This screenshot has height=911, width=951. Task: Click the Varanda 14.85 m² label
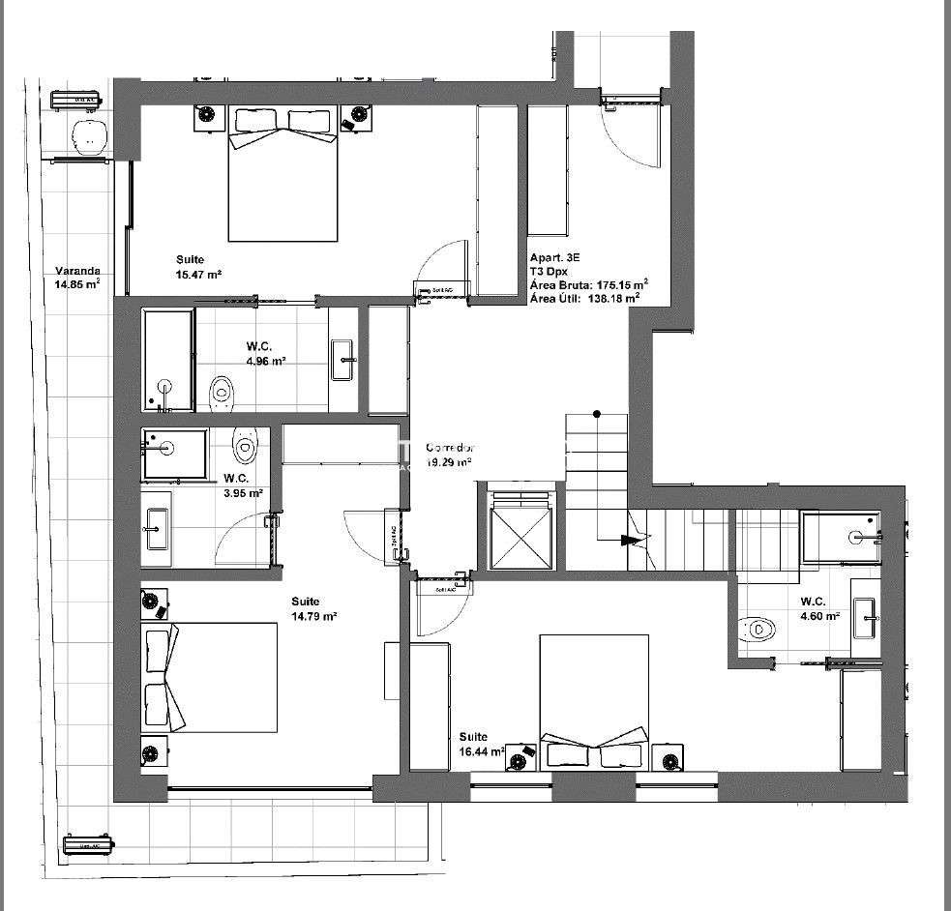pos(76,278)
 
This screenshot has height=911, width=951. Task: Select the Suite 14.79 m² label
pos(313,608)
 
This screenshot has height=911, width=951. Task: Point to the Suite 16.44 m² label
pos(481,743)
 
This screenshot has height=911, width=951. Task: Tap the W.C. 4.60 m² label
pos(818,608)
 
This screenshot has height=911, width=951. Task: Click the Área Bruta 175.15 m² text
pos(588,284)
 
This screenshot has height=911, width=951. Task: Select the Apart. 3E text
pos(554,258)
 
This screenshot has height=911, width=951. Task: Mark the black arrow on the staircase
pos(630,541)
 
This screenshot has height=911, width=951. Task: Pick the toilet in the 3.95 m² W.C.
pos(246,446)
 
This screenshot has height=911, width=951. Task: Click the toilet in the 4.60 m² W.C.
pos(759,630)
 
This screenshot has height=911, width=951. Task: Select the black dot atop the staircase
pos(597,415)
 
